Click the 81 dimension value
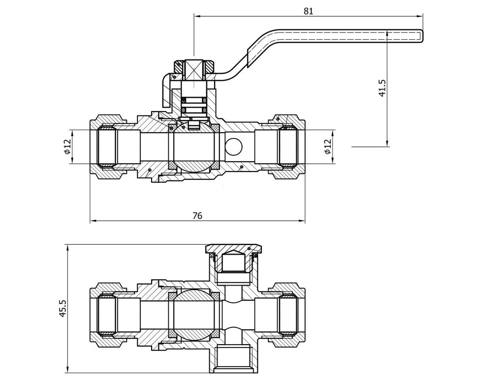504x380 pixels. pos(309,11)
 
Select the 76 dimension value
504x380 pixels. pos(197,215)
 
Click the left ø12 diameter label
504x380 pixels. pos(67,147)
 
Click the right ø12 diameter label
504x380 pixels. pos(328,146)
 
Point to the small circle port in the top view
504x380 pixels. pos(235,146)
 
